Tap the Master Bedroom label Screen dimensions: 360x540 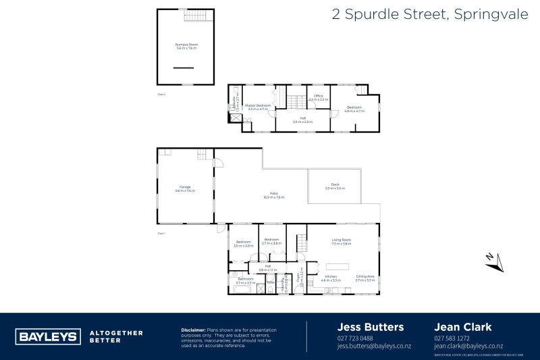(258, 107)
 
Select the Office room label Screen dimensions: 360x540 (318, 97)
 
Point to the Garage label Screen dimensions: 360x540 (185, 189)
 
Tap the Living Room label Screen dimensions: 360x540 (342, 242)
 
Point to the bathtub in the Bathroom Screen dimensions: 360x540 (240, 289)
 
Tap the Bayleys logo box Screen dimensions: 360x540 (47, 336)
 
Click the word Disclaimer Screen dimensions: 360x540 (194, 330)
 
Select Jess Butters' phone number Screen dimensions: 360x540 (355, 338)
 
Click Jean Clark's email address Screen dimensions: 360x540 (468, 345)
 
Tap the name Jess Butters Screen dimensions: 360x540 (371, 327)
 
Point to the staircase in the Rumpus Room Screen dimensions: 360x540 (195, 16)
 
